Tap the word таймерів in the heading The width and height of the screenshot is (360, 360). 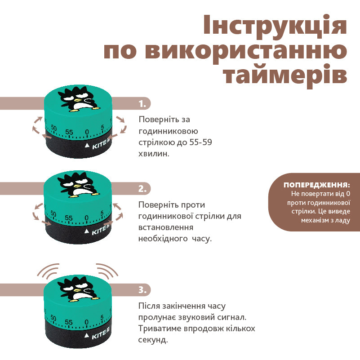click(x=285, y=75)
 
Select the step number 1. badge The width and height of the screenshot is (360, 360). click(x=142, y=104)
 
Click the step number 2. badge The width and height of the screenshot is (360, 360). click(x=142, y=189)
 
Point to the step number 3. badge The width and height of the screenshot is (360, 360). click(x=142, y=290)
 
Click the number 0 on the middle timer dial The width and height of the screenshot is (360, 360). click(x=86, y=218)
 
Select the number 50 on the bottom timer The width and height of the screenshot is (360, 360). click(x=53, y=318)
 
